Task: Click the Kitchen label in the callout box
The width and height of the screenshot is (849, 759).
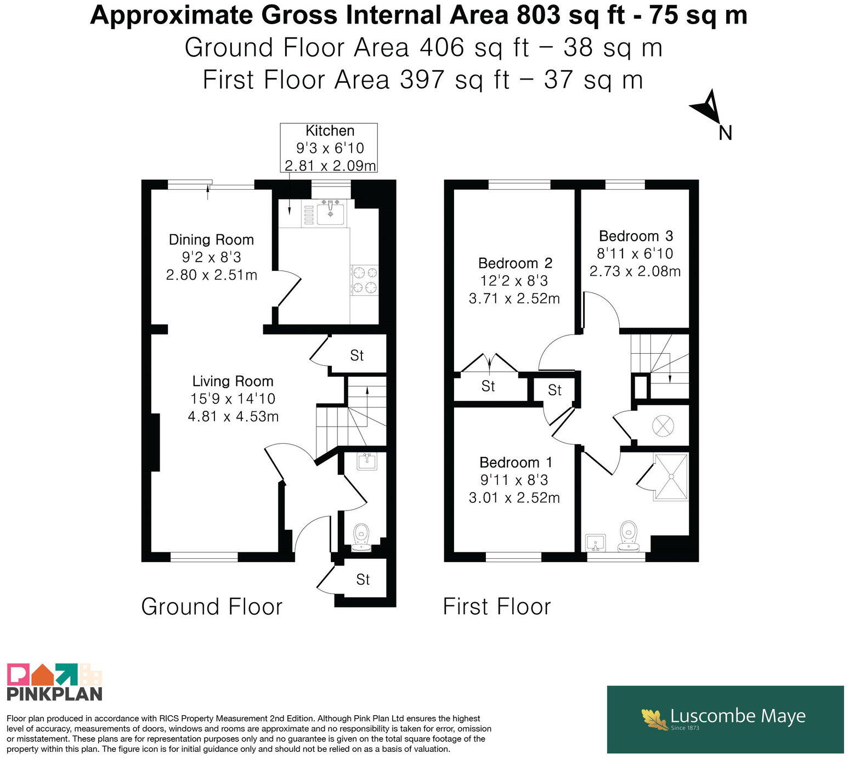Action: (330, 131)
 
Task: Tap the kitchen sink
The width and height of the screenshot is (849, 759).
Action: (331, 212)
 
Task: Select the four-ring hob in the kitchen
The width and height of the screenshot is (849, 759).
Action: (365, 280)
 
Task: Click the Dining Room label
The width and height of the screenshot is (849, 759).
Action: (211, 240)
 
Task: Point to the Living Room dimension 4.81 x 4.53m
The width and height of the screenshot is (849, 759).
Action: (233, 417)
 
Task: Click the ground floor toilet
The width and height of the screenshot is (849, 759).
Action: (361, 537)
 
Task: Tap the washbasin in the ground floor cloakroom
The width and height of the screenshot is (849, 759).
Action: (367, 461)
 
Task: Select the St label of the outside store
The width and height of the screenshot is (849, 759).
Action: (363, 580)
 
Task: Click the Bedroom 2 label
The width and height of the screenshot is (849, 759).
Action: (515, 263)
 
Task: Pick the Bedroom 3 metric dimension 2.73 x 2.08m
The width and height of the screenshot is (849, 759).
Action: (635, 271)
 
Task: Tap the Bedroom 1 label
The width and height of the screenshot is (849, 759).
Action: (516, 463)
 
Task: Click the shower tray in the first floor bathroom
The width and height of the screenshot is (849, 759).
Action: (671, 477)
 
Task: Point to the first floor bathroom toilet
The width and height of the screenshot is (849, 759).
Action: (628, 536)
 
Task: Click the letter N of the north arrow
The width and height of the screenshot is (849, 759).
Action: (725, 133)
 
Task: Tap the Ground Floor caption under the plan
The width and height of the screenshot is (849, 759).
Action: (212, 607)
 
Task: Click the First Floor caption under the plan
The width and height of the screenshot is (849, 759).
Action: (496, 607)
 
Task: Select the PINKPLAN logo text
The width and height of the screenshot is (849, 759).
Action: (54, 694)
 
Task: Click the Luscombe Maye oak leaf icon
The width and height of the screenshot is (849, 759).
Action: (655, 719)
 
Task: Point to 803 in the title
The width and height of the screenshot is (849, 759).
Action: (539, 16)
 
